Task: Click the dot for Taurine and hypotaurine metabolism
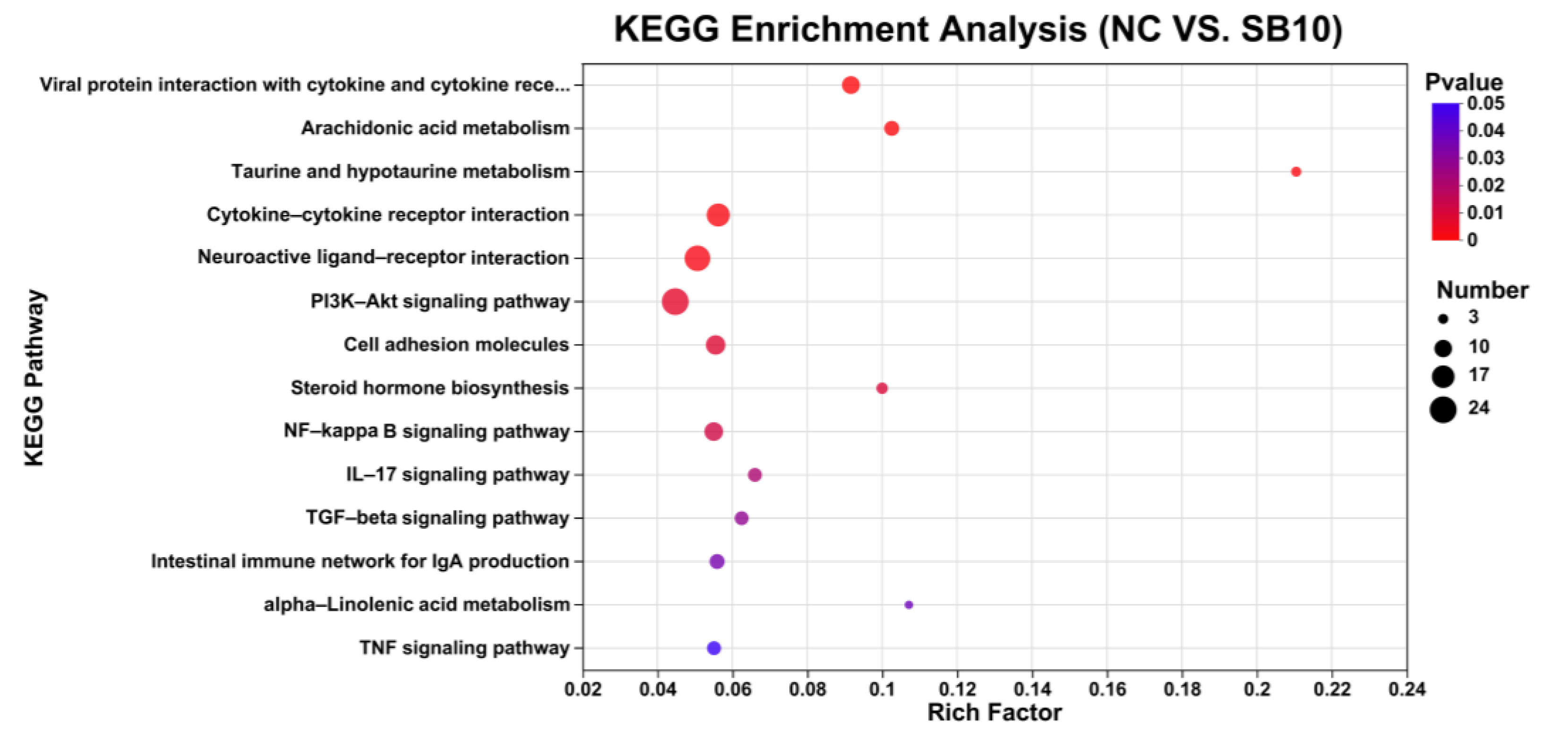[x=1295, y=172]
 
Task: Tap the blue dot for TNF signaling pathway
[x=713, y=647]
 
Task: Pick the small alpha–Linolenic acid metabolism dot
[x=908, y=604]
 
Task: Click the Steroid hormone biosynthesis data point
[x=881, y=388]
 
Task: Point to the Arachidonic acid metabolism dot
[x=891, y=128]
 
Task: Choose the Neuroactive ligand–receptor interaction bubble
[x=697, y=258]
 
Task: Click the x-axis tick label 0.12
[x=957, y=689]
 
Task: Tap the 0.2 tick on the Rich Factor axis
[x=1257, y=689]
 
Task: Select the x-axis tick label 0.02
[x=583, y=689]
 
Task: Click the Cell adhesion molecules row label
[x=455, y=345]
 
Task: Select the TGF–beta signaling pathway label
[x=437, y=517]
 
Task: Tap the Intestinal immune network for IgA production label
[x=360, y=561]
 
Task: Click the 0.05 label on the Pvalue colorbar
[x=1485, y=103]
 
